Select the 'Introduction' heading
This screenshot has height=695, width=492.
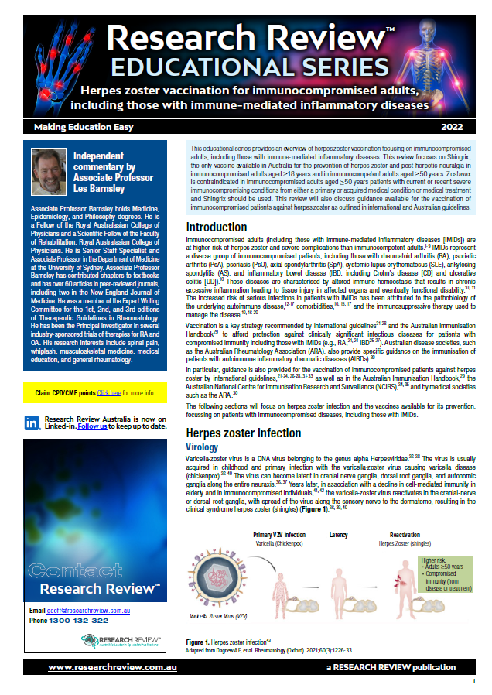(x=217, y=227)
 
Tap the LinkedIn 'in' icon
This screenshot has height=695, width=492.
(x=32, y=423)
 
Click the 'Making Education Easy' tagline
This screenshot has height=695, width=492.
(x=83, y=126)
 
